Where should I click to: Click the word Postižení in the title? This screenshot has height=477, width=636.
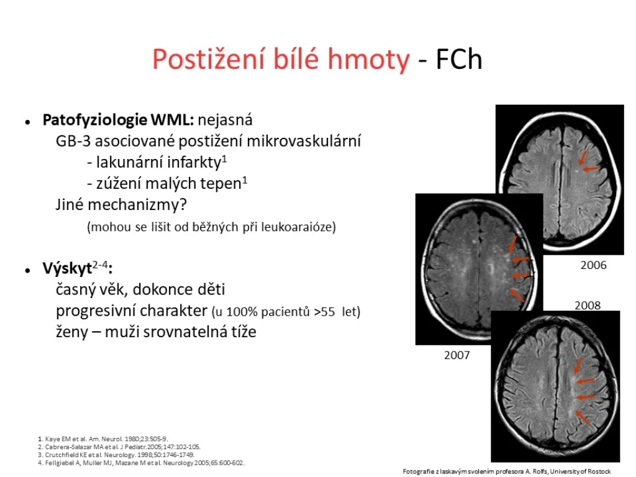(x=209, y=60)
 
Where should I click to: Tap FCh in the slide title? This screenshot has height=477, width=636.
(x=459, y=59)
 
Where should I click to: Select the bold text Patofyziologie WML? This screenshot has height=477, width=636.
(x=119, y=120)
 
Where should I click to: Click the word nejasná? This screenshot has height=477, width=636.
(x=225, y=120)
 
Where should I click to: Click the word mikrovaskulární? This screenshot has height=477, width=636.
(x=304, y=141)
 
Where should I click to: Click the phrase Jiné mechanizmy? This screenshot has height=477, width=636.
(x=121, y=205)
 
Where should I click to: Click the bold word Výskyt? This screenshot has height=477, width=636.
(x=67, y=269)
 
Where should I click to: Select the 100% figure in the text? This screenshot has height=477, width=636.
(x=242, y=312)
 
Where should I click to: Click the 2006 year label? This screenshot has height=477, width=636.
(x=593, y=265)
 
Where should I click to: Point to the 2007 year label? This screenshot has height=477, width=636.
(x=457, y=355)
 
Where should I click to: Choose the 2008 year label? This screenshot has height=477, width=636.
(x=588, y=305)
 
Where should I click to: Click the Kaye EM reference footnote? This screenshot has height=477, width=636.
(x=102, y=439)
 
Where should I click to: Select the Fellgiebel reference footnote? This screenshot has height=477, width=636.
(x=141, y=463)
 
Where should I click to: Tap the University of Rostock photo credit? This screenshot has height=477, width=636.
(x=507, y=472)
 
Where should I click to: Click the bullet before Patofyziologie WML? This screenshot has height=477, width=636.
(x=27, y=121)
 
